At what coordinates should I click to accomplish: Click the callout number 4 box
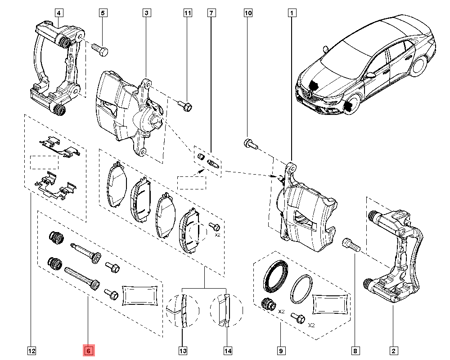[x=59, y=13]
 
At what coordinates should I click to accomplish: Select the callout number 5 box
[x=103, y=13]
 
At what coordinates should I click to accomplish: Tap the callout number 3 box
[x=147, y=13]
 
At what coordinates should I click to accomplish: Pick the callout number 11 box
[x=188, y=13]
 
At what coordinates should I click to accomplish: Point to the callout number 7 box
[x=211, y=13]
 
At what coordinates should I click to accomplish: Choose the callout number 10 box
[x=248, y=13]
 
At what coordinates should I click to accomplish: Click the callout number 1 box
[x=292, y=13]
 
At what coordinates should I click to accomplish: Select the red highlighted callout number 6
[x=89, y=351]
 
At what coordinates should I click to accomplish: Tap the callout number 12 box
[x=32, y=351]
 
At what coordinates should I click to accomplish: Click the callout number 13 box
[x=183, y=351]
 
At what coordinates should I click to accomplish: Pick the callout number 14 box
[x=228, y=351]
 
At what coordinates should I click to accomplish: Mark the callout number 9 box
[x=281, y=351]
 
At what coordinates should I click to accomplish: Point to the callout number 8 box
[x=355, y=351]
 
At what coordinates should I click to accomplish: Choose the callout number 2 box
[x=394, y=351]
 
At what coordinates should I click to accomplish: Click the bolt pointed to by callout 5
[x=100, y=49]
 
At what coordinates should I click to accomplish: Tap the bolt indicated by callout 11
[x=185, y=105]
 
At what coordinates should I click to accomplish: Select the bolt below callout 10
[x=250, y=144]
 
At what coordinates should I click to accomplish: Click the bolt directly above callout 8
[x=351, y=244]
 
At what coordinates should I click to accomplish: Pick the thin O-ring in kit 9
[x=302, y=289]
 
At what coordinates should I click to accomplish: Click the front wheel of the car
[x=350, y=104]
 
